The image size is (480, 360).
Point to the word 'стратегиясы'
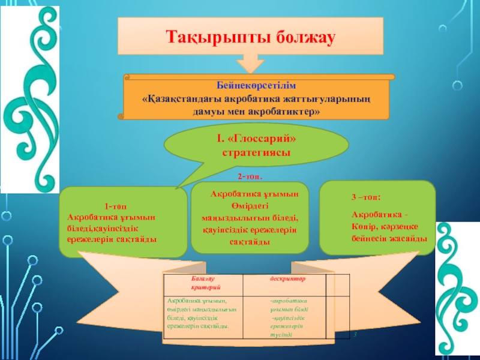pyautogui.click(x=257, y=152)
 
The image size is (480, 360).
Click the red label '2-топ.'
pyautogui.click(x=250, y=177)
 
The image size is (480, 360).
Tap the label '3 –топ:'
pyautogui.click(x=366, y=197)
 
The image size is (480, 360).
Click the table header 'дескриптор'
pyautogui.click(x=287, y=279)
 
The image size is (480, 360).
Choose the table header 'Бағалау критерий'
pyautogui.click(x=202, y=284)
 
